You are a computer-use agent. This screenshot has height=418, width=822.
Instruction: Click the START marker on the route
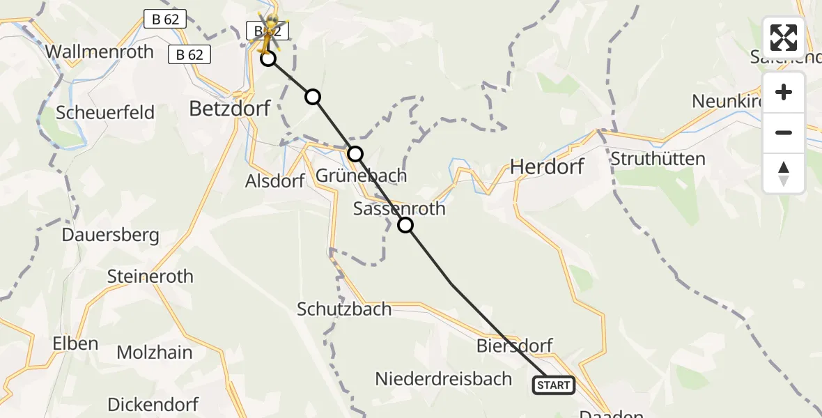pyautogui.click(x=554, y=385)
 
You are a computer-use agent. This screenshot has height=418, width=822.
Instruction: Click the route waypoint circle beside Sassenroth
pyautogui.click(x=405, y=225)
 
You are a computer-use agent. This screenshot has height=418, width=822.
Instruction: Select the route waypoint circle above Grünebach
pyautogui.click(x=355, y=153)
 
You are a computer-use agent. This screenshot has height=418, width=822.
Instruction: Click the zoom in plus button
pyautogui.click(x=784, y=92)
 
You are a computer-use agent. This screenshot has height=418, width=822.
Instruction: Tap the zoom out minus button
pyautogui.click(x=784, y=132)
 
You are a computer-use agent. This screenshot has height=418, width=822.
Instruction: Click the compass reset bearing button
pyautogui.click(x=784, y=173)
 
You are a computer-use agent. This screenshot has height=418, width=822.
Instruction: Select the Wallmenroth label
pyautogui.click(x=99, y=52)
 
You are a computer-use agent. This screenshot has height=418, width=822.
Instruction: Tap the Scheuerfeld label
pyautogui.click(x=105, y=113)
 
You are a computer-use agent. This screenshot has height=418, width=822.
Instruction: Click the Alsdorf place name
pyautogui.click(x=274, y=181)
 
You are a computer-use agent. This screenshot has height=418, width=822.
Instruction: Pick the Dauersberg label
pyautogui.click(x=110, y=235)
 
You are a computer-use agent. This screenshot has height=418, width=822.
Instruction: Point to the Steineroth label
pyautogui.click(x=150, y=277)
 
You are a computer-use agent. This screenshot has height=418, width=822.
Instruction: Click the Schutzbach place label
pyautogui.click(x=344, y=309)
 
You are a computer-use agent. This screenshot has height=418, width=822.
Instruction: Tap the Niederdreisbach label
pyautogui.click(x=444, y=379)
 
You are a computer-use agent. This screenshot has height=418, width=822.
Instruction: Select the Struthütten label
pyautogui.click(x=658, y=159)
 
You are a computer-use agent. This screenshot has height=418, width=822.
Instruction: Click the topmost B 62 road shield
pyautogui.click(x=165, y=20)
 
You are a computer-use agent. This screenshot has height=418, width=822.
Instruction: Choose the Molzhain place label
pyautogui.click(x=155, y=353)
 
